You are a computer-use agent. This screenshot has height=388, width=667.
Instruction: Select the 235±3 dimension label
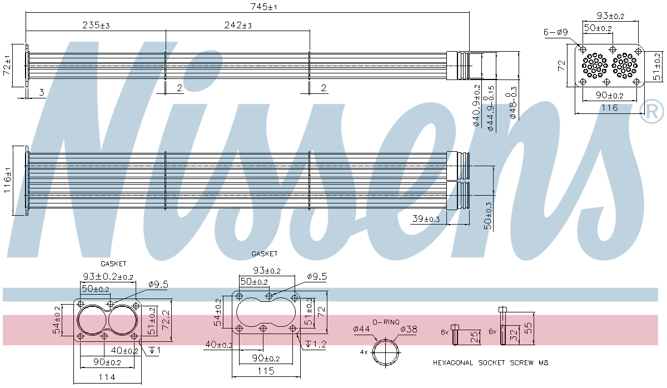click(96, 25)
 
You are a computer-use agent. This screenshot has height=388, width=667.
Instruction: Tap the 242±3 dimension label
click(237, 25)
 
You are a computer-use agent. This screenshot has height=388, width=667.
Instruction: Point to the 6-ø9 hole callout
click(555, 32)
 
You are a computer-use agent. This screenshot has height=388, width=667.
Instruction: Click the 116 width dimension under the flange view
click(610, 107)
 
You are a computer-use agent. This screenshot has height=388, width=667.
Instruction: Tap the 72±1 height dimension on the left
click(7, 66)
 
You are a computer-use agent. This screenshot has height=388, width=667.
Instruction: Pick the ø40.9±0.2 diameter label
click(476, 106)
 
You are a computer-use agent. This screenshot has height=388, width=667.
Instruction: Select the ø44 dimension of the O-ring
click(361, 329)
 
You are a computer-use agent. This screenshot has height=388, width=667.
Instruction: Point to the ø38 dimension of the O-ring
click(409, 329)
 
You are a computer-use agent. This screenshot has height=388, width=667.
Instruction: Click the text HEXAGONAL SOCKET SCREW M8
click(490, 362)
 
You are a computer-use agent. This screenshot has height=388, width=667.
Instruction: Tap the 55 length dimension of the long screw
click(529, 329)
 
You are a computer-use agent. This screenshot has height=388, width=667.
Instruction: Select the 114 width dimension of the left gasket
click(106, 377)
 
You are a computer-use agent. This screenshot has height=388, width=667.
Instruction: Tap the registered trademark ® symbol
click(651, 112)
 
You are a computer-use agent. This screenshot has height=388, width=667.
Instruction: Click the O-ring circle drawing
click(386, 352)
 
